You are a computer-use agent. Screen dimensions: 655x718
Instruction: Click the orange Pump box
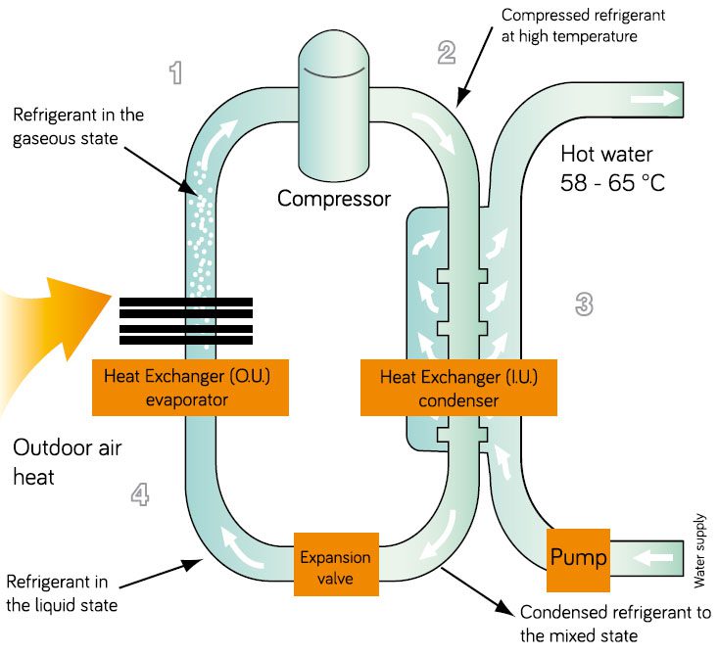(578, 559)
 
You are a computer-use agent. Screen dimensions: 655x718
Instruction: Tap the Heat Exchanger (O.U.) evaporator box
(185, 386)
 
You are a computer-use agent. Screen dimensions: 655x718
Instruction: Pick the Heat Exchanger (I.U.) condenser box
(432, 386)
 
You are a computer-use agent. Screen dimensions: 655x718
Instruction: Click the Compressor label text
(334, 199)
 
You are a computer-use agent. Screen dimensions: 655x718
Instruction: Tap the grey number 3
(584, 304)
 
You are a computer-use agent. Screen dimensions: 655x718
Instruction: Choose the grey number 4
(141, 495)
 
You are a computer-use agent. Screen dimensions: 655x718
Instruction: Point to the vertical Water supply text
(699, 559)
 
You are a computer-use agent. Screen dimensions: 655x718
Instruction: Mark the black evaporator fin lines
(185, 321)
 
